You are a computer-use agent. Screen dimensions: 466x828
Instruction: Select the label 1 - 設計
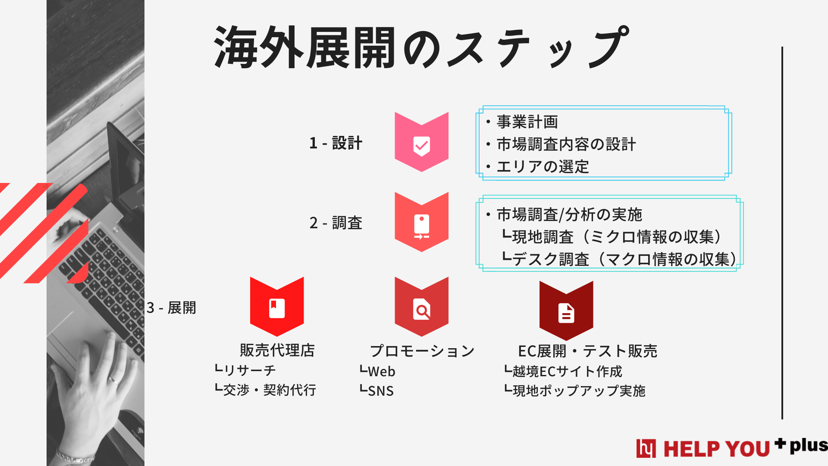(336, 143)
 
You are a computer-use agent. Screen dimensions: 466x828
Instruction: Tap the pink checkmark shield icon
(421, 142)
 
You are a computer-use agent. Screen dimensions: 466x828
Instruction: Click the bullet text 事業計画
(527, 122)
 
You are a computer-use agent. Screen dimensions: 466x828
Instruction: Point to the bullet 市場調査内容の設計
(566, 145)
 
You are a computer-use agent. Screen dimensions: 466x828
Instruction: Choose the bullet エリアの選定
(543, 167)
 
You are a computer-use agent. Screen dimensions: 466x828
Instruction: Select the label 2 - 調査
(336, 223)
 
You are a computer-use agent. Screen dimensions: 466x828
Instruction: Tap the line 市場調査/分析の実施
(569, 214)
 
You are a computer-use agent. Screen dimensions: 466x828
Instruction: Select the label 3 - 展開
(171, 308)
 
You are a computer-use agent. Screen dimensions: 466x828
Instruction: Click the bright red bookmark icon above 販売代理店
(277, 307)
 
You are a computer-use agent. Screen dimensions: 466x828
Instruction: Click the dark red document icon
(566, 312)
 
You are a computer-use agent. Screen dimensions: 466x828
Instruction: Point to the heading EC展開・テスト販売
(587, 351)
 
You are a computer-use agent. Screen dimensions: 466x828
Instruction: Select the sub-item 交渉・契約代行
(269, 390)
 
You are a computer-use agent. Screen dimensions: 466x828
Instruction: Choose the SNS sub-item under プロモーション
(380, 391)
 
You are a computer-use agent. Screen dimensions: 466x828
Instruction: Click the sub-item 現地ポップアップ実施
(578, 391)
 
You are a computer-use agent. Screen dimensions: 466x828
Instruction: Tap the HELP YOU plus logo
(731, 448)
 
